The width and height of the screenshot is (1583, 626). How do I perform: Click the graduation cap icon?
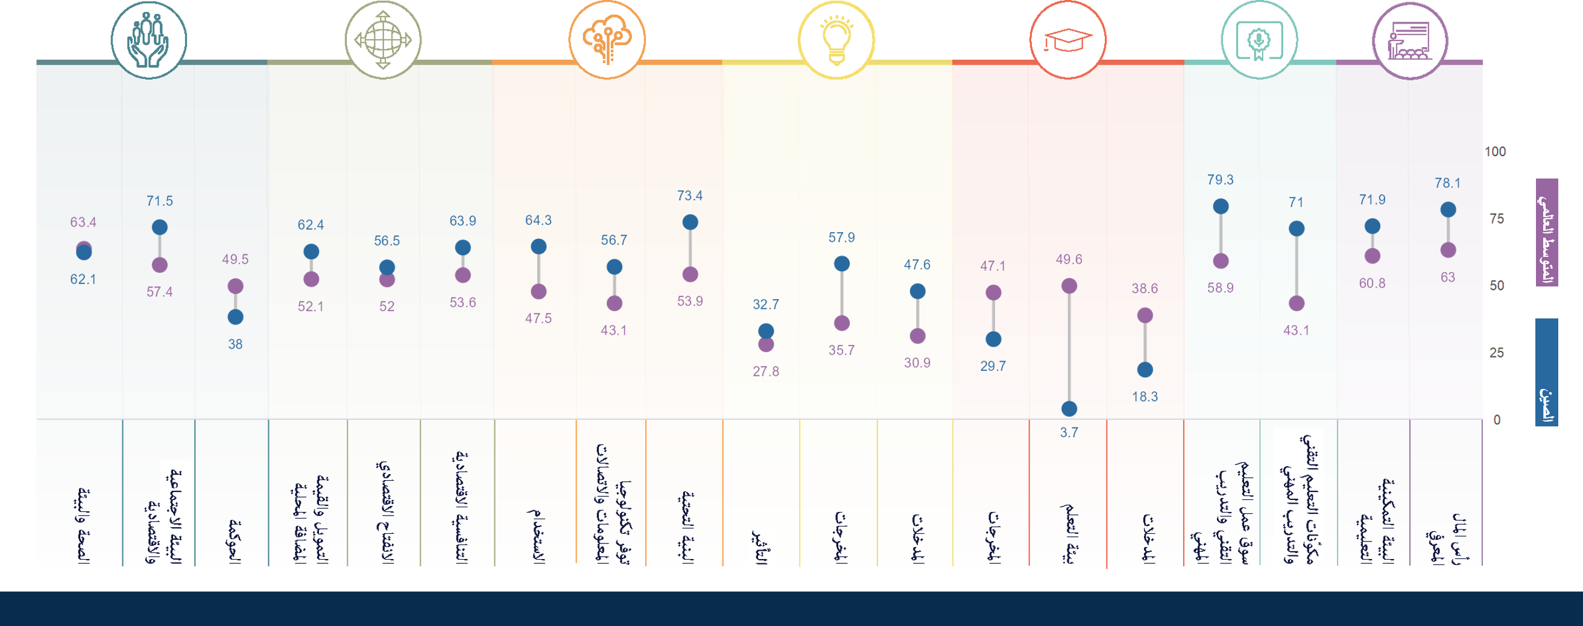click(1067, 40)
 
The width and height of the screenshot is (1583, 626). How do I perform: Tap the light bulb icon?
click(836, 40)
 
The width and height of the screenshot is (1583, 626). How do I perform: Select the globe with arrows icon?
click(383, 40)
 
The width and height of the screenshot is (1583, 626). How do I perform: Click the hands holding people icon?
click(149, 40)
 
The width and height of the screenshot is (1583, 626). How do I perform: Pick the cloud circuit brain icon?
click(607, 40)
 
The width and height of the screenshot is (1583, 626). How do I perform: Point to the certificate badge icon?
click(1259, 40)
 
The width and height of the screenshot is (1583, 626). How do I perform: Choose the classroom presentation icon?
click(1411, 40)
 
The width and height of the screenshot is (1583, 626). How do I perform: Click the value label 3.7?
click(1069, 432)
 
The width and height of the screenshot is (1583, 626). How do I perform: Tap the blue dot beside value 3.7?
click(1069, 408)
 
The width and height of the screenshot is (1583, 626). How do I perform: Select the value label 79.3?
click(1220, 180)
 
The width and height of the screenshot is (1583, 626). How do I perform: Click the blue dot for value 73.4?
click(690, 223)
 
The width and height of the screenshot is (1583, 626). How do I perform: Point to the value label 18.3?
click(1145, 397)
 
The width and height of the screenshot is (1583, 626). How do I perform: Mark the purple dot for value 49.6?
click(1069, 286)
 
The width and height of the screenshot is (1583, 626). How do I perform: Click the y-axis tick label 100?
click(1495, 151)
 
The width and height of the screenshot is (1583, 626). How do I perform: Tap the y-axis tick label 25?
click(1496, 353)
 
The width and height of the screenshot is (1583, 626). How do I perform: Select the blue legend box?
click(1547, 371)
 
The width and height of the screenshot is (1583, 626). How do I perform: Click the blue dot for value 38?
click(235, 317)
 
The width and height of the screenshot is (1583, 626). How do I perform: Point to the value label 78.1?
click(1447, 183)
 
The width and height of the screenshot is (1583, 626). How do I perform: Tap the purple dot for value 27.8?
click(766, 344)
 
